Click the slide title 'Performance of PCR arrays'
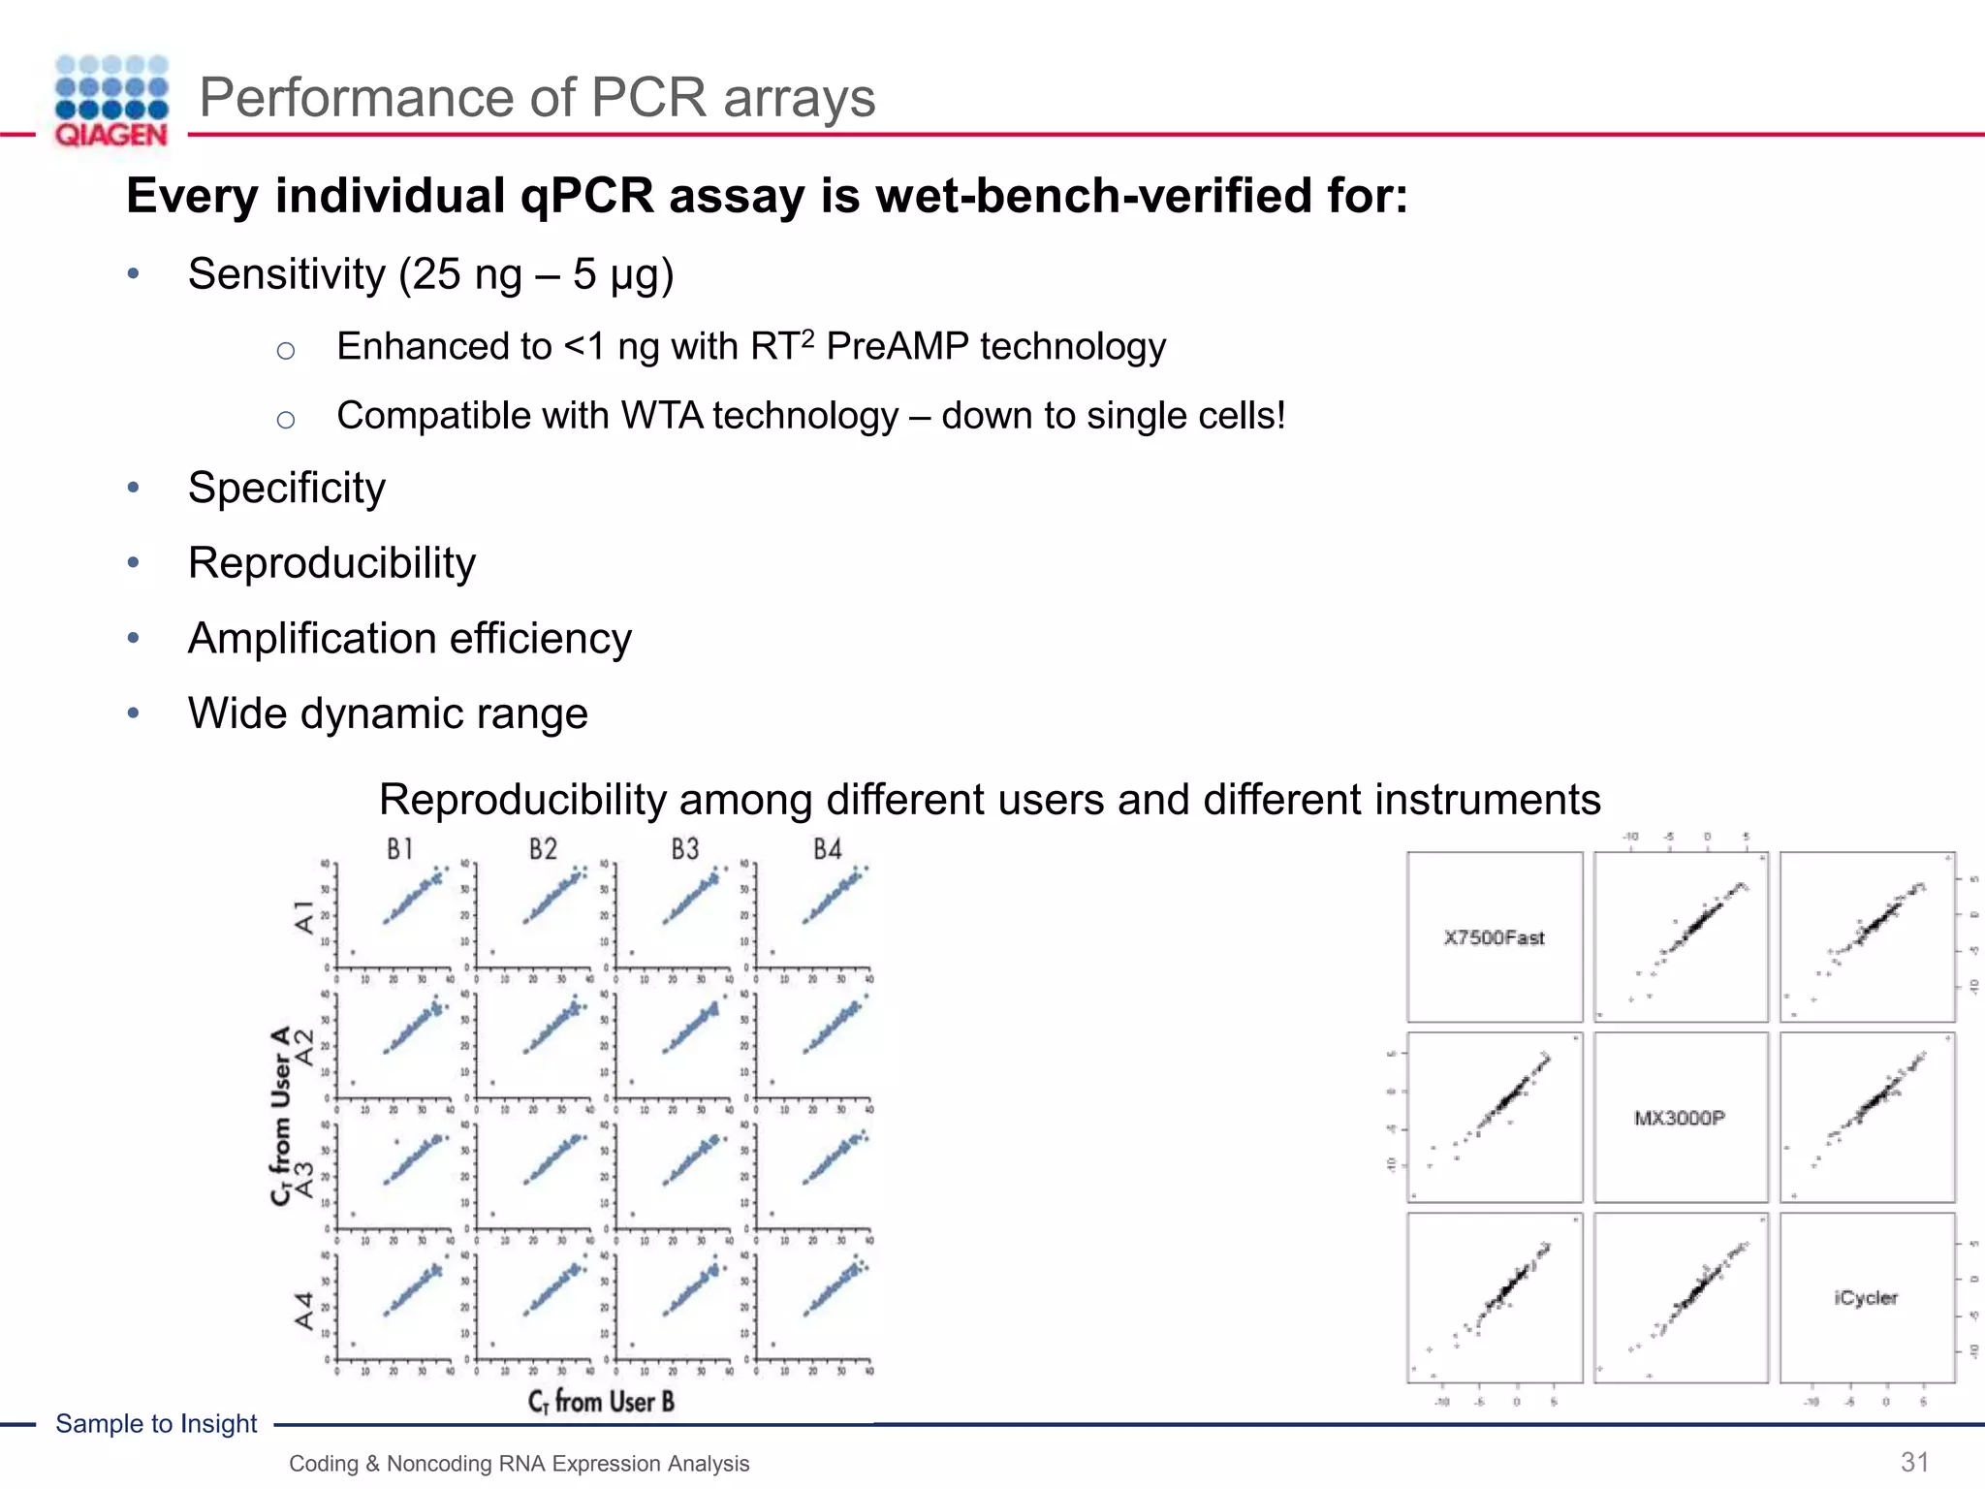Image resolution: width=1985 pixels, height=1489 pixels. tap(537, 98)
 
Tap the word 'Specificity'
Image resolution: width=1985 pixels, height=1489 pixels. tap(287, 488)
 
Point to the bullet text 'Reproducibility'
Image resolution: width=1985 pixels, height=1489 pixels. tap(331, 563)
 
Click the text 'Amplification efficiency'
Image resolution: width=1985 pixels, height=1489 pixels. tap(409, 639)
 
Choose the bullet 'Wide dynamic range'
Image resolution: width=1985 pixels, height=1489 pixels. tap(388, 713)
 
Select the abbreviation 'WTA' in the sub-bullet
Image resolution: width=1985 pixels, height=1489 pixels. tap(662, 416)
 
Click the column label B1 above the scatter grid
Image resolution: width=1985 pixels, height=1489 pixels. tap(400, 849)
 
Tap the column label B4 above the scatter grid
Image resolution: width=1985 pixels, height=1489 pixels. tap(827, 849)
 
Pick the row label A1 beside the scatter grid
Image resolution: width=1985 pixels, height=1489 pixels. tap(304, 916)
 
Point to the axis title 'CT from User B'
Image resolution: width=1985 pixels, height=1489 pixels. tap(601, 1401)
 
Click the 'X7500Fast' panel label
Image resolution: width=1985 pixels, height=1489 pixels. tap(1494, 937)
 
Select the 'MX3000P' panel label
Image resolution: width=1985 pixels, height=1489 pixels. tap(1680, 1118)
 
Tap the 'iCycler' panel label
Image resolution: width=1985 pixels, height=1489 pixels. tap(1866, 1297)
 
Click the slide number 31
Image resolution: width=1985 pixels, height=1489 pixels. tap(1914, 1462)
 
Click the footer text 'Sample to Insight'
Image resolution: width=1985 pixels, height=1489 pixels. tap(156, 1423)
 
